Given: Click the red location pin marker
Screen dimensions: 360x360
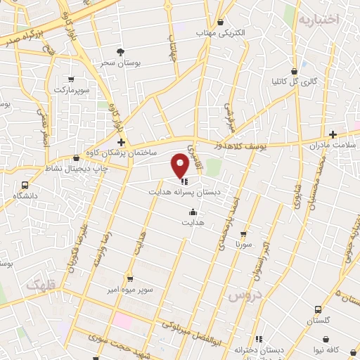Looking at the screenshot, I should (181, 165).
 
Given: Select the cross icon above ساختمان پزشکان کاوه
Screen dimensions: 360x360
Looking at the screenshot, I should (121, 142).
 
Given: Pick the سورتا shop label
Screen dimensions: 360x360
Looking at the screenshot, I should (243, 245).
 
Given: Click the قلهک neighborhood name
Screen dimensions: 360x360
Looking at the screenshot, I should (41, 285).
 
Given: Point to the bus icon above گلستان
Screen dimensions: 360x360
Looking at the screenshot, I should (318, 309).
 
